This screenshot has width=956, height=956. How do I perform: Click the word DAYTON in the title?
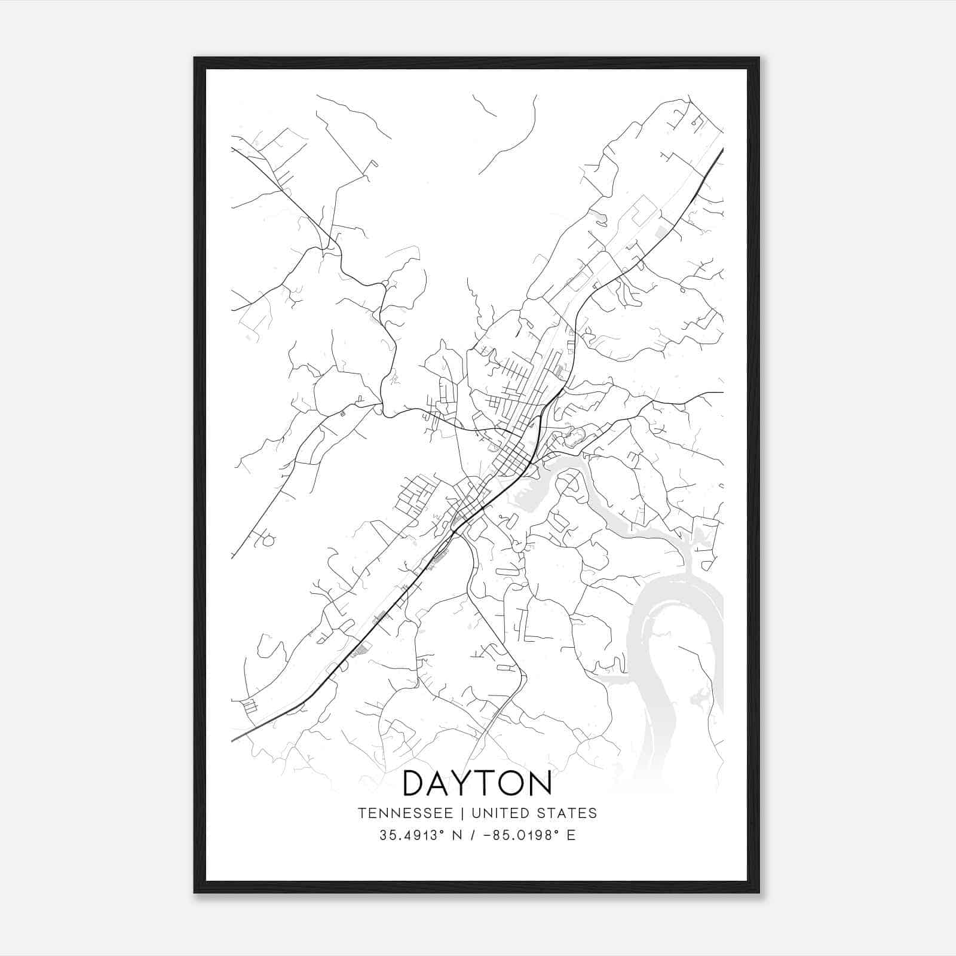(477, 783)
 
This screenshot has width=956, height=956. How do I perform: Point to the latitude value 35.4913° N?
(421, 835)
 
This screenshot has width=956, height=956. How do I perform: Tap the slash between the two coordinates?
(474, 835)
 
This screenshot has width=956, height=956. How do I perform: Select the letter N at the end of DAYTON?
(539, 783)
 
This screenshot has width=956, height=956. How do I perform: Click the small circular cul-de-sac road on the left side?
(268, 540)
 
